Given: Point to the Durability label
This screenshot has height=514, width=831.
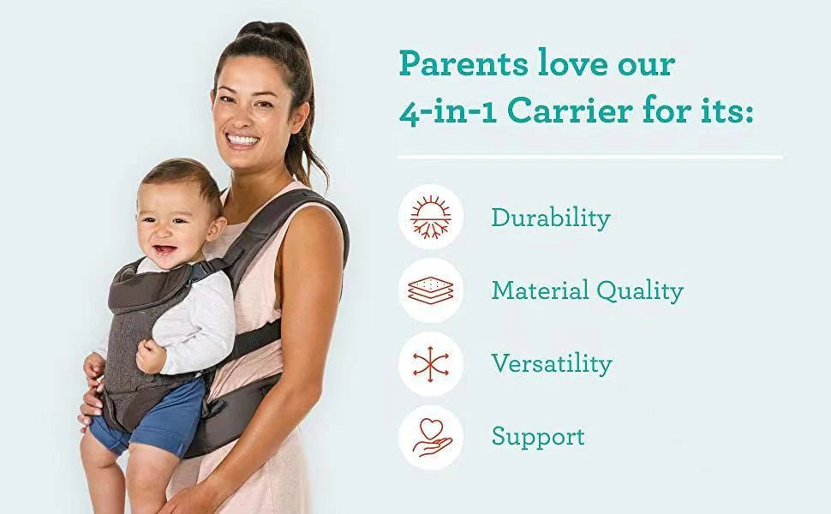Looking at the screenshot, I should pos(550,218).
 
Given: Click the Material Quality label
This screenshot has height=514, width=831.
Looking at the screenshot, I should pos(587,290).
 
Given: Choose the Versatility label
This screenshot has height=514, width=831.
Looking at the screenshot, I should pos(551,363).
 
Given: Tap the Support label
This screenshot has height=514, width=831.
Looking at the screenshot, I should pos(538,436).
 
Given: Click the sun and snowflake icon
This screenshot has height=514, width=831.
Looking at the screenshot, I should pos(431,217).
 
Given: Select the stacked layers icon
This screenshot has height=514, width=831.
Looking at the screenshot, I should pos(431,290).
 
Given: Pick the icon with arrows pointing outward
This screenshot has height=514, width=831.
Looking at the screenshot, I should pos(431,363).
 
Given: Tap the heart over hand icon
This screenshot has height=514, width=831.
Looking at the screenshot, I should pos(431,436).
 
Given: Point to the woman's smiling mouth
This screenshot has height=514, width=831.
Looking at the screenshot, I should pos(242,139).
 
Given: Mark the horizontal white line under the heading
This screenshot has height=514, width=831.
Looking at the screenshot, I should pos(590,157).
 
